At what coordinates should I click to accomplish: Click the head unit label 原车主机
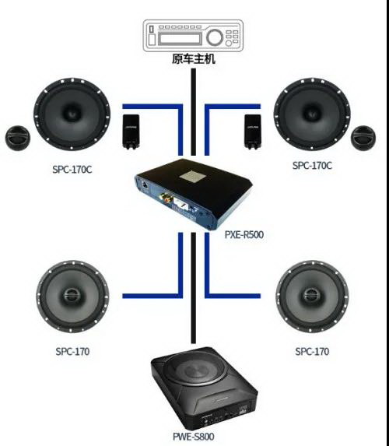194,59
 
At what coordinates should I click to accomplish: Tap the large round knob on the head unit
215,37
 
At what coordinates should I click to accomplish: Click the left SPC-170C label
72,170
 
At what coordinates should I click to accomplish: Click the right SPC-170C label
312,166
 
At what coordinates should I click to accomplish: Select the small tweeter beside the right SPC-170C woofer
363,138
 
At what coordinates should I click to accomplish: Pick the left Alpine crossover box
131,132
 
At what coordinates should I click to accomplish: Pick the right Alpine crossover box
253,132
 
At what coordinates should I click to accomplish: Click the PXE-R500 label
244,234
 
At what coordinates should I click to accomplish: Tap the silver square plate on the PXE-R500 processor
192,176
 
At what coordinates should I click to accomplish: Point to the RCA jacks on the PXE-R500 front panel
164,197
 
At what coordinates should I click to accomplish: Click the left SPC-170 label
72,352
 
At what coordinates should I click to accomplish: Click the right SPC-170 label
312,352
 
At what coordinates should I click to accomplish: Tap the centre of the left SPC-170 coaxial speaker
72,296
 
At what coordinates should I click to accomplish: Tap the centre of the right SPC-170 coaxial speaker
312,296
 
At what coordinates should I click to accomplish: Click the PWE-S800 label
194,437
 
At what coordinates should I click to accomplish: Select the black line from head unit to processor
194,112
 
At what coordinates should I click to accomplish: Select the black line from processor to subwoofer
194,288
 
